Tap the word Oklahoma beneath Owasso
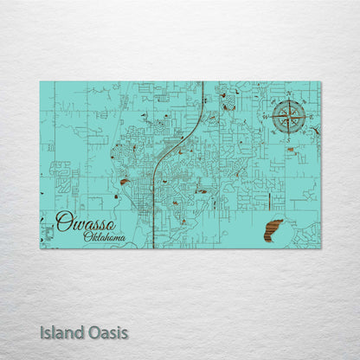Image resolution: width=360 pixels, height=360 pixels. point(104,236)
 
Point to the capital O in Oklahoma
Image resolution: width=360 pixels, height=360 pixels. point(88,235)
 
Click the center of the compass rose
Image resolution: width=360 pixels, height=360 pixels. point(288,115)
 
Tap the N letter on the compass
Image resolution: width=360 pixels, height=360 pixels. point(288,93)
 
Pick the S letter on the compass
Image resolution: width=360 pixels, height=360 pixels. point(288,137)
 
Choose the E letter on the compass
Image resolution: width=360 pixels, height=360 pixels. point(309,115)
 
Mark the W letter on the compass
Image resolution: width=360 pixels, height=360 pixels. point(268,115)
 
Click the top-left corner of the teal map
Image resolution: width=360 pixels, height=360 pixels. point(40,81)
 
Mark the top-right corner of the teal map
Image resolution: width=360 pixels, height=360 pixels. point(320,81)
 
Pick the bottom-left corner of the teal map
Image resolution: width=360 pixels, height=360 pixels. point(40,248)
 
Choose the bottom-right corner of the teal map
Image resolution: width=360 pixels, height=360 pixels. point(320,248)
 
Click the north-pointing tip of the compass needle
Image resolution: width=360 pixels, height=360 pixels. point(288,100)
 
